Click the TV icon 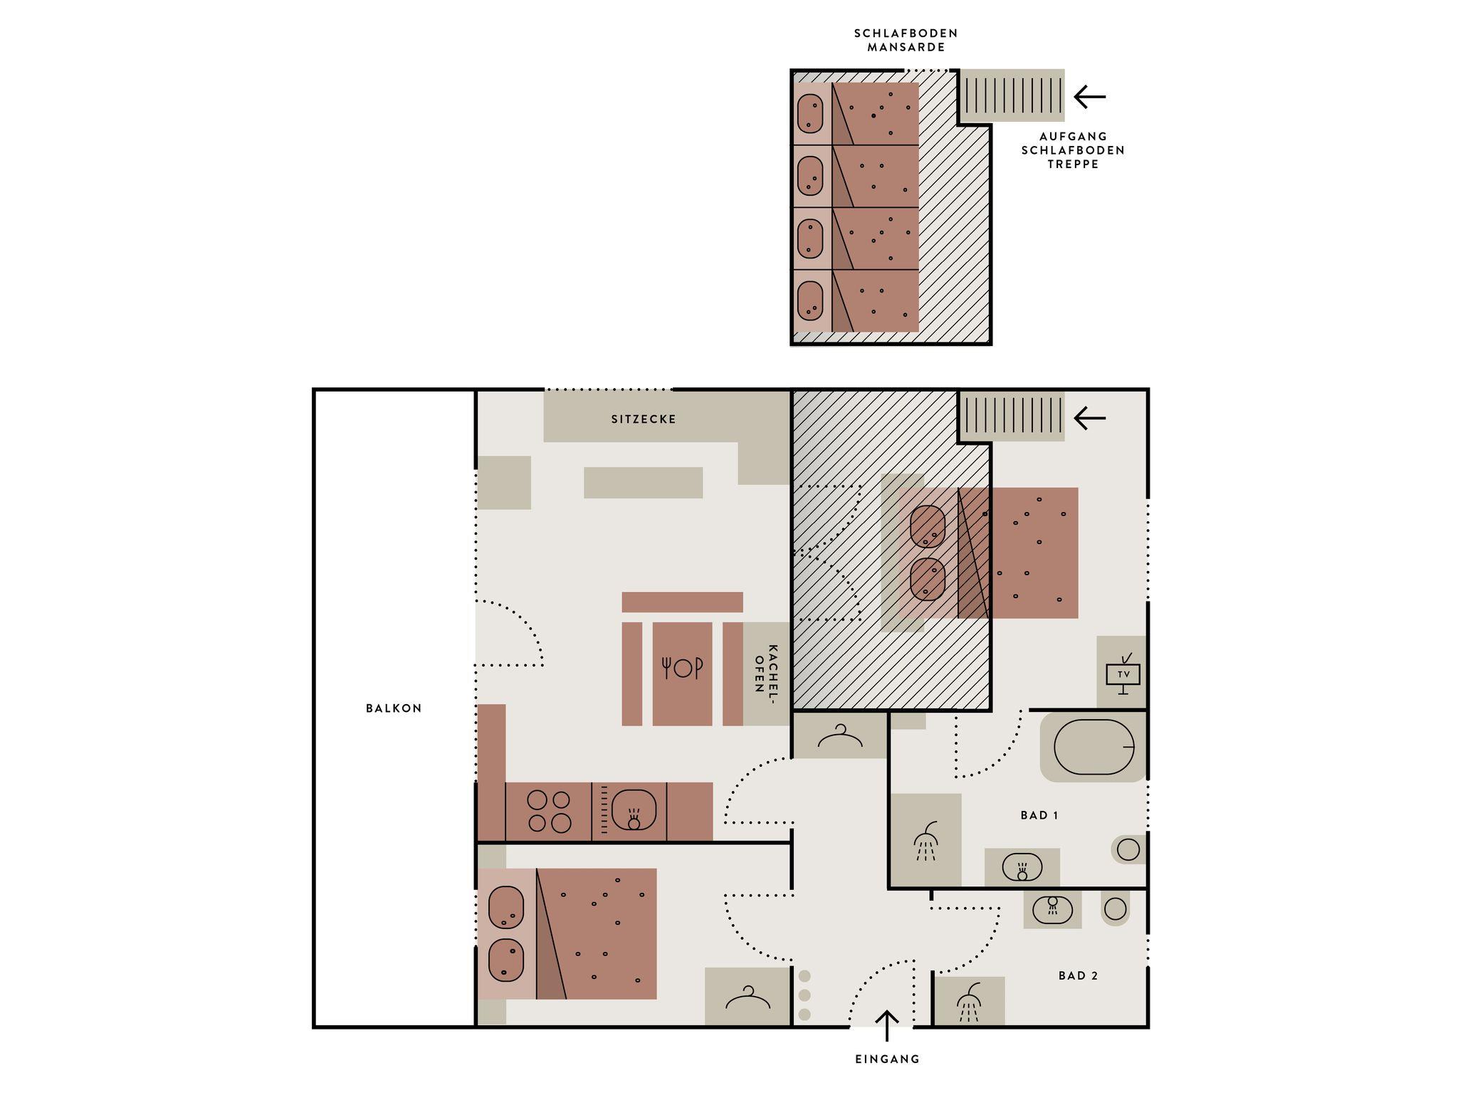coord(1123,674)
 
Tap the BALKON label coord(394,708)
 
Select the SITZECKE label coord(644,419)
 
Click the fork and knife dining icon coord(682,668)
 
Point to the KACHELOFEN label coord(766,669)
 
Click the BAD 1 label coord(1039,815)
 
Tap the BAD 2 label coord(1078,975)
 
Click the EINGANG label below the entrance coord(887,1059)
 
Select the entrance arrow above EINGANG coord(886,1026)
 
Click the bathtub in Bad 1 coord(1093,747)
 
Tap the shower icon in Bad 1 coord(925,842)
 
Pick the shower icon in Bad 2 coord(969,1002)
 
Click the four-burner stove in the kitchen coord(549,812)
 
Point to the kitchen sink coord(634,810)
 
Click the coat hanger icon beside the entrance coord(748,997)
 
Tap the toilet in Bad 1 coord(1128,849)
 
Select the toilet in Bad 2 coord(1115,908)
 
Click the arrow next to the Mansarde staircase coord(1089,96)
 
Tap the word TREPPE coord(1073,164)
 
